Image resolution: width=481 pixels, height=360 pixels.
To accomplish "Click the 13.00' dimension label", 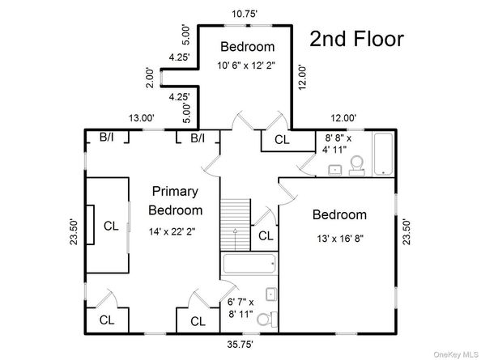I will point(142,118).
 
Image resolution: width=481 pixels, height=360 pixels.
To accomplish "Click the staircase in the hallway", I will point(234,227).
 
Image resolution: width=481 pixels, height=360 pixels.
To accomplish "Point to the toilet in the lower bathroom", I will point(265,321).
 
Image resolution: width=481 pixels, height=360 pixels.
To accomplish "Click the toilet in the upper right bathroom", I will point(355,167).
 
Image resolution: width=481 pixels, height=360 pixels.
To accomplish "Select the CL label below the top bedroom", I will point(282,139).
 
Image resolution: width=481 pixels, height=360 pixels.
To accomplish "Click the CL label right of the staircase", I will point(266,235).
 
